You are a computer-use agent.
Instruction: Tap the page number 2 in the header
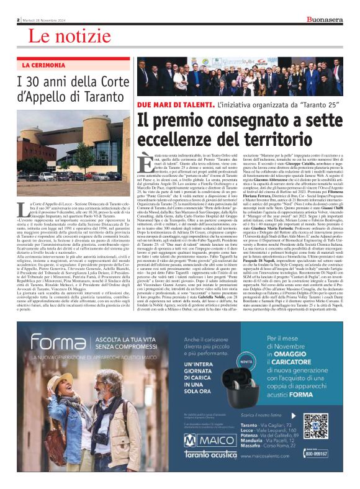click(x=19, y=19)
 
